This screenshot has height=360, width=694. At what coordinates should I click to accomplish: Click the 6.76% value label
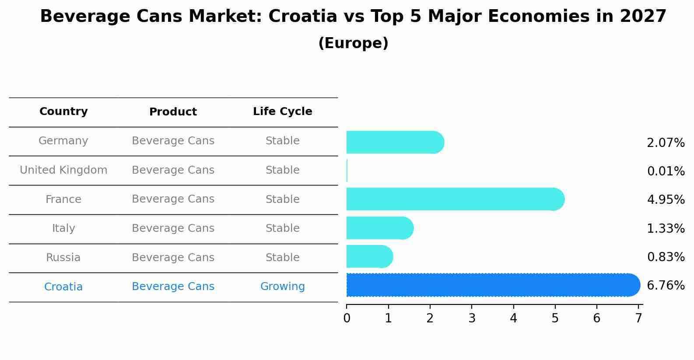click(x=666, y=286)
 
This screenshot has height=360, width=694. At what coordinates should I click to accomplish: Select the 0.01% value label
click(x=666, y=171)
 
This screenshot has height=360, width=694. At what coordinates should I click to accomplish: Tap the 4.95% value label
click(x=666, y=200)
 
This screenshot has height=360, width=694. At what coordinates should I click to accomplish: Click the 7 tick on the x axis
click(x=638, y=318)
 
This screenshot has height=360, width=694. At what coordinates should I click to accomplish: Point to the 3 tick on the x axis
click(x=472, y=318)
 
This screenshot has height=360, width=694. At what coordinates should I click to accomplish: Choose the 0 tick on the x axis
click(x=347, y=318)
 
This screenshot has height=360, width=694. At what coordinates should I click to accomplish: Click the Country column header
click(x=63, y=112)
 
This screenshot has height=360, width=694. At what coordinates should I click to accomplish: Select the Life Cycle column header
click(x=282, y=112)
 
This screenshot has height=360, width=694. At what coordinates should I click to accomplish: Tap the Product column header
click(x=173, y=112)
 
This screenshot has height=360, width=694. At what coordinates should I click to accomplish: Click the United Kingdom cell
click(x=63, y=170)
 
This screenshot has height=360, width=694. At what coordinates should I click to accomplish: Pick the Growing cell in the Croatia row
click(x=282, y=287)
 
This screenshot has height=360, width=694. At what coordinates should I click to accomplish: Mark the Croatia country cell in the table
click(x=63, y=287)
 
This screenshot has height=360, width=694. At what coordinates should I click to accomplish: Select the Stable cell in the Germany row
click(x=282, y=141)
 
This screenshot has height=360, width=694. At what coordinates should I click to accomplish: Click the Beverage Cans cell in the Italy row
click(x=173, y=228)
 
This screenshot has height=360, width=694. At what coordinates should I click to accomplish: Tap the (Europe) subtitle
click(x=353, y=43)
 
